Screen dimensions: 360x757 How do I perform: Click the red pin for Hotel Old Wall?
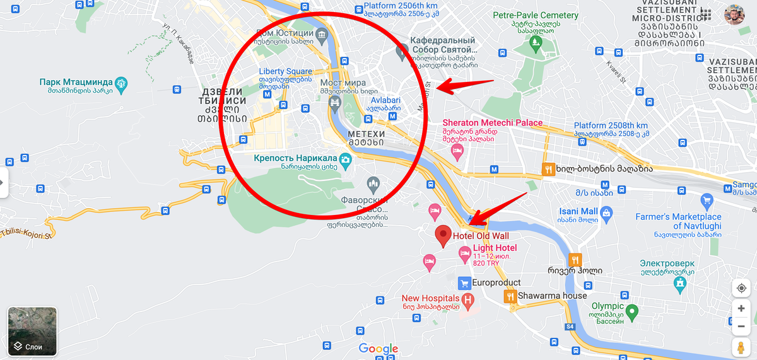click(443, 235)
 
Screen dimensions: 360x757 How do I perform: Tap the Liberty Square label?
click(285, 71)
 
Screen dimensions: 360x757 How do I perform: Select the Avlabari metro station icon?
click(393, 115)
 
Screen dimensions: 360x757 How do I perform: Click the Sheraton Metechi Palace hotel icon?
click(457, 150)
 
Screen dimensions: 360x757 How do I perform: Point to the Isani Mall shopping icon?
click(606, 214)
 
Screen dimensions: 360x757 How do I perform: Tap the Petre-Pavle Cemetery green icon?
click(536, 42)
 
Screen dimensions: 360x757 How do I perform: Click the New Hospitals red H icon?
click(467, 299)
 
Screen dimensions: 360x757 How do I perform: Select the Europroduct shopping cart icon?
click(464, 282)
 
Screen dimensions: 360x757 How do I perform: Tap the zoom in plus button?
click(741, 308)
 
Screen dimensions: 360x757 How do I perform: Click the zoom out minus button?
click(741, 327)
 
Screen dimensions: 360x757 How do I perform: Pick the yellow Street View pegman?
click(741, 347)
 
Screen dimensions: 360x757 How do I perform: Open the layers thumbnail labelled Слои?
click(32, 332)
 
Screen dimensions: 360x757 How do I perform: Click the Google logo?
click(378, 349)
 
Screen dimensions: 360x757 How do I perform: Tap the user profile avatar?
click(734, 15)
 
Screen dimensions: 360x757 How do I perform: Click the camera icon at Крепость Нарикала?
click(345, 160)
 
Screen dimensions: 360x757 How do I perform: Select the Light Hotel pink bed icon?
click(464, 254)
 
